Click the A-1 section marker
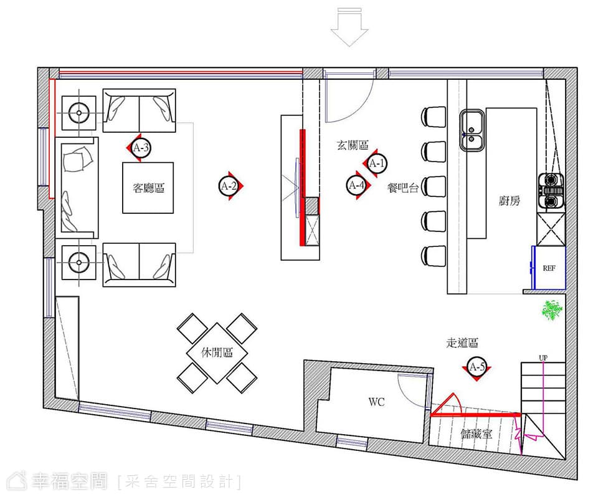(376, 163)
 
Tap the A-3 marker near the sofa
(140, 148)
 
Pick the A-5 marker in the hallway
(476, 367)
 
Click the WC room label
(376, 402)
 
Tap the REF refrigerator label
(549, 268)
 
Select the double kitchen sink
(473, 130)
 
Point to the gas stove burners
(551, 190)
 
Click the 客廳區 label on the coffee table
(148, 188)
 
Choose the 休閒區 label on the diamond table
(217, 352)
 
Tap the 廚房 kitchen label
(509, 201)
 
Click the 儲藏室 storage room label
(476, 434)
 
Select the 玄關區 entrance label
(353, 145)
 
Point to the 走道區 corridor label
(462, 343)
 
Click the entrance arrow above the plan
(349, 27)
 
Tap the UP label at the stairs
(543, 358)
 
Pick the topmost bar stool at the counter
(434, 117)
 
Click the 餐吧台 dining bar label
(403, 188)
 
